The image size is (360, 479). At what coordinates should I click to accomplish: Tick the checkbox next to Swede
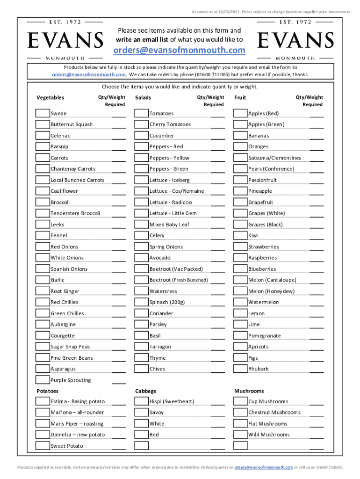[43, 113]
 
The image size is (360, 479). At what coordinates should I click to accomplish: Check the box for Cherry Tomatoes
[141, 124]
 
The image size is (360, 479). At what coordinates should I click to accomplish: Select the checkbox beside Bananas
[240, 136]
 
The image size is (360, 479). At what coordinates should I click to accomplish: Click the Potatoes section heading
[48, 391]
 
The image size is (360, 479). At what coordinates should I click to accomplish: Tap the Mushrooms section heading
[249, 391]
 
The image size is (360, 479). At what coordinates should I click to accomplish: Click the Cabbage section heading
[146, 391]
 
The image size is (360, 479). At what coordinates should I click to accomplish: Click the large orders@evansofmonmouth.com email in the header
[180, 51]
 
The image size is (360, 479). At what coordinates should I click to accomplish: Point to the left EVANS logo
[65, 40]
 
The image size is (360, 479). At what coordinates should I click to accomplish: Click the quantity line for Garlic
[119, 283]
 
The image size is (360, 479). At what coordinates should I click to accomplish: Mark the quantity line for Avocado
[217, 261]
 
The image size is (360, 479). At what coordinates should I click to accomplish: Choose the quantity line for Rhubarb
[317, 372]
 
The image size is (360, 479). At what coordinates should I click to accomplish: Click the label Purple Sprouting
[71, 380]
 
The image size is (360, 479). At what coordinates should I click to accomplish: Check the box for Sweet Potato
[43, 445]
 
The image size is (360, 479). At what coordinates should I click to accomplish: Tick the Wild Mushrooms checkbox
[240, 435]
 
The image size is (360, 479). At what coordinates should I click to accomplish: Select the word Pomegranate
[265, 335]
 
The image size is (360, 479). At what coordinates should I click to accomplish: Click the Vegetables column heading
[50, 97]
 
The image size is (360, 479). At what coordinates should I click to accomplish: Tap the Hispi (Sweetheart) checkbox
[141, 401]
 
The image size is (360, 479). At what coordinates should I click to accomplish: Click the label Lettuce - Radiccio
[171, 202]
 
